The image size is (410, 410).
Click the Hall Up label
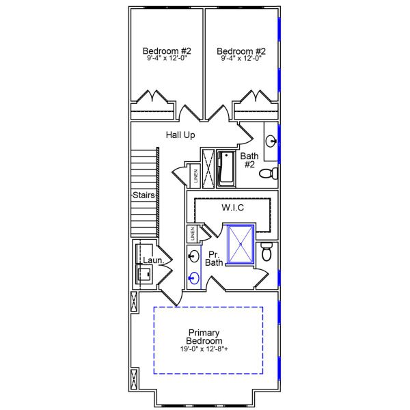[180, 135]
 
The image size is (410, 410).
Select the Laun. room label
[152, 260]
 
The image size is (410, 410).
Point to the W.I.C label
[234, 207]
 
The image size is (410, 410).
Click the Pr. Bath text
[214, 258]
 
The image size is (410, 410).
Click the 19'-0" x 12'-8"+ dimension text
[204, 349]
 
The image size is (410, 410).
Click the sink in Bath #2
[271, 142]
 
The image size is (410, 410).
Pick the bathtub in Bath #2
[225, 169]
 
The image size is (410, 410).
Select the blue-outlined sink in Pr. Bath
[193, 278]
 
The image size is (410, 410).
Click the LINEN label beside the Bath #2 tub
[195, 176]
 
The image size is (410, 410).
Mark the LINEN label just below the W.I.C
[193, 233]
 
